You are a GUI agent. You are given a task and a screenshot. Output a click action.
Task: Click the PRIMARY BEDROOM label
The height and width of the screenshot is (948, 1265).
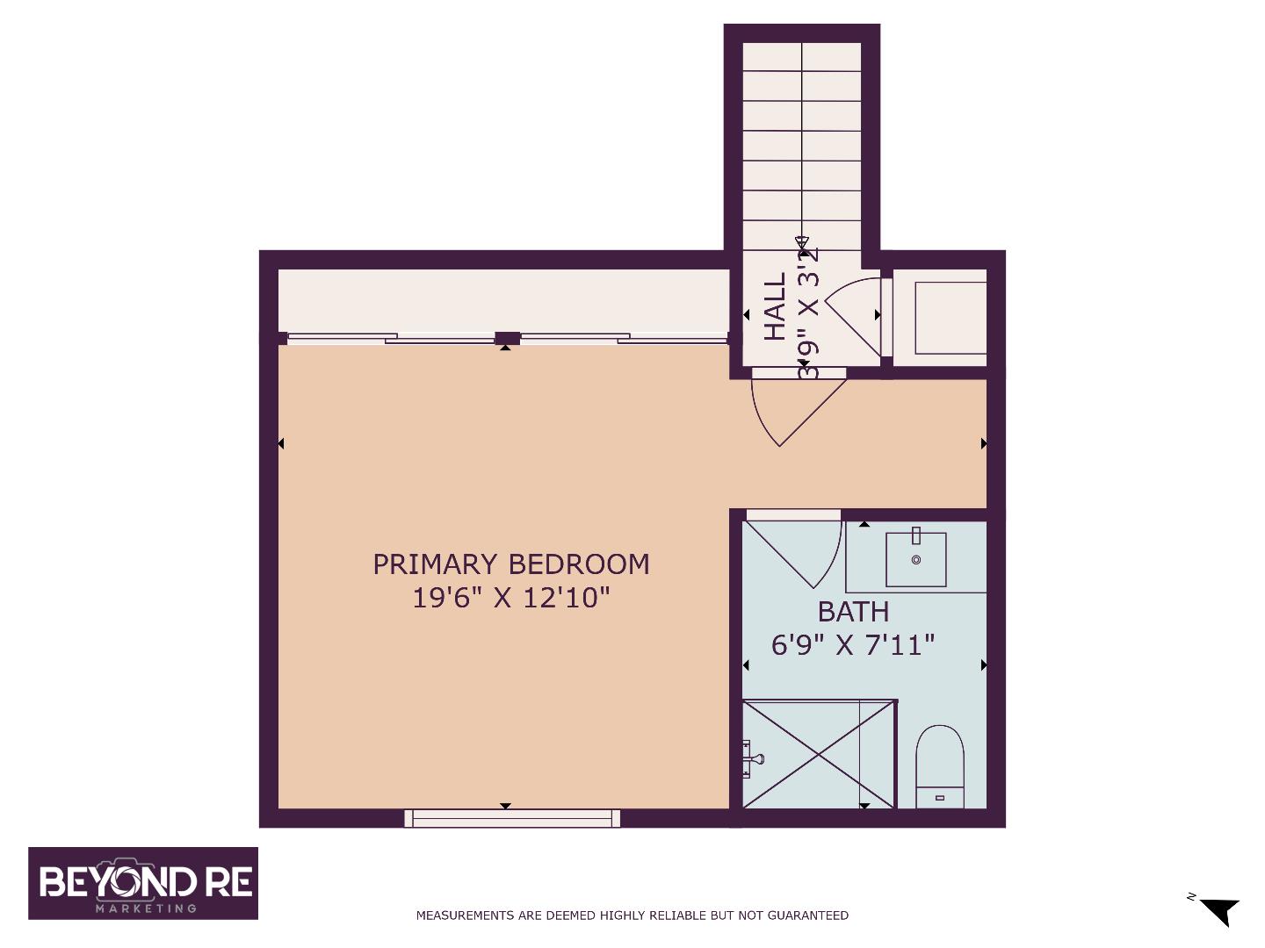coord(511,564)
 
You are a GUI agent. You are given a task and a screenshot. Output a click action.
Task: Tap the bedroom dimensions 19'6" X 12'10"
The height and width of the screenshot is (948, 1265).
coord(511,598)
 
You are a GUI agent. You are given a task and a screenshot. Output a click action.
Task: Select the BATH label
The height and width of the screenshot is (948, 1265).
coord(853,611)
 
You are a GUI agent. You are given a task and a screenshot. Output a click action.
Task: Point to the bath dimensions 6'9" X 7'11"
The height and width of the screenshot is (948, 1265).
coord(853,645)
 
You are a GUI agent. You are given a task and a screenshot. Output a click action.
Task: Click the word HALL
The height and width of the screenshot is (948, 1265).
coord(775,306)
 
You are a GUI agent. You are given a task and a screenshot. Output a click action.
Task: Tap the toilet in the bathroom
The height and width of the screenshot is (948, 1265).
coord(939,765)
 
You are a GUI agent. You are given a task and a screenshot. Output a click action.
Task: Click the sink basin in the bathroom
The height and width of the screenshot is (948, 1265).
coord(915,559)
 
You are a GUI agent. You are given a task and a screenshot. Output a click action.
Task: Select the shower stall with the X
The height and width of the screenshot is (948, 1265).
coord(819,754)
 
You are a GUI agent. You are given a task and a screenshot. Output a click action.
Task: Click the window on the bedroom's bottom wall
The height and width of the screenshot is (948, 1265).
coord(512,819)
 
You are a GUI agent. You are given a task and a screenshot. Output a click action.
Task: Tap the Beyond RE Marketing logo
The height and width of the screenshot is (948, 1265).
coord(143,883)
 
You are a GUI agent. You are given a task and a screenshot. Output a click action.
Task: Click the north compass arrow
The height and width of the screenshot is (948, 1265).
coord(1218,910)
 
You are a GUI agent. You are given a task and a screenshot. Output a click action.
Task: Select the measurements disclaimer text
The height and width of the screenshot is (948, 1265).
coord(632,916)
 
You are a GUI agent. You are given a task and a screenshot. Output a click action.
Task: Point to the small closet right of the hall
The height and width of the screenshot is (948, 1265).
coord(950,317)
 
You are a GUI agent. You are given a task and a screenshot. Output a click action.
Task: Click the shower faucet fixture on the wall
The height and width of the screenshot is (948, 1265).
coord(749,758)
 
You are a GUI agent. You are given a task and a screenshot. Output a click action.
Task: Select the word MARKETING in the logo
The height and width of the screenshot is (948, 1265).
coord(145,908)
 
